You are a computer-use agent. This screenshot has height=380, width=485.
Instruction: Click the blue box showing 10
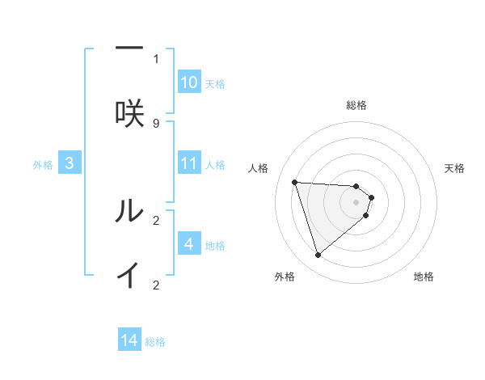pos(189,82)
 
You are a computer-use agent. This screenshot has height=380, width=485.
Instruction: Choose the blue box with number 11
pos(189,163)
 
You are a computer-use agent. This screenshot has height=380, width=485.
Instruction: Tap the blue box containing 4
pos(189,244)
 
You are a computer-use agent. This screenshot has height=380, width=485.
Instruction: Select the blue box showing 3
pos(70,164)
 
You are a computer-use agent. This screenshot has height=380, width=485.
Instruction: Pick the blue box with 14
pos(129,341)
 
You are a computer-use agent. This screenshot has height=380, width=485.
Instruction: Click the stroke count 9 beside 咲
pos(156,123)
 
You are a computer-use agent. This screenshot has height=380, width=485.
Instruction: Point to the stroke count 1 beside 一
pos(156,58)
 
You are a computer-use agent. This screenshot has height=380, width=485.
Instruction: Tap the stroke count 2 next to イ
pos(156,285)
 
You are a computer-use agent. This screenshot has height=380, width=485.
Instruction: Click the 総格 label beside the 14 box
pos(155,342)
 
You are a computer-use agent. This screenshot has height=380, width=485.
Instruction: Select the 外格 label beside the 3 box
pos(43,165)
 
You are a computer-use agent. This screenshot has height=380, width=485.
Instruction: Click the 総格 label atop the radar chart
pos(356,105)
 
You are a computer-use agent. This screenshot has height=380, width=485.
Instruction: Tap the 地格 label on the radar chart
pos(424,277)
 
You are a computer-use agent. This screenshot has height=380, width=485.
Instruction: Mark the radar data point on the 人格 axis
pos(294,182)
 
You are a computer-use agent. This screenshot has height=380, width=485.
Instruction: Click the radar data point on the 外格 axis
pos(318,255)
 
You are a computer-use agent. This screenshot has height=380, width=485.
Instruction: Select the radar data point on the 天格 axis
pos(371,197)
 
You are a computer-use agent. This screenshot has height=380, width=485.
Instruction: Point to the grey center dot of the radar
pos(356,213)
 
